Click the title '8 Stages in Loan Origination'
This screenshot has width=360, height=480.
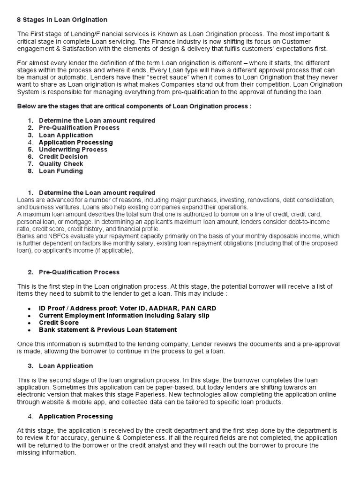(x=62, y=20)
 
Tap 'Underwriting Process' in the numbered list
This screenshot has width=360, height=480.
(x=73, y=150)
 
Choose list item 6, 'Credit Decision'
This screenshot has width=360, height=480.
(x=63, y=157)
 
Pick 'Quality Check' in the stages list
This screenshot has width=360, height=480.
(x=61, y=164)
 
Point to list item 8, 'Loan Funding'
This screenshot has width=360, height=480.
(x=61, y=171)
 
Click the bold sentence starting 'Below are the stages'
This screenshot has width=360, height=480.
(x=135, y=106)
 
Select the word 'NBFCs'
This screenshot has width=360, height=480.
(x=51, y=236)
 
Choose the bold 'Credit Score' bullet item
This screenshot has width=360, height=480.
(x=59, y=322)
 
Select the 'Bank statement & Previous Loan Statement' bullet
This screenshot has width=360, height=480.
(x=108, y=330)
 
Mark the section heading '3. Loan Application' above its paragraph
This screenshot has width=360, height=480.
(x=66, y=366)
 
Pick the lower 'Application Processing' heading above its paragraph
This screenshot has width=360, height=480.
(x=75, y=416)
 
